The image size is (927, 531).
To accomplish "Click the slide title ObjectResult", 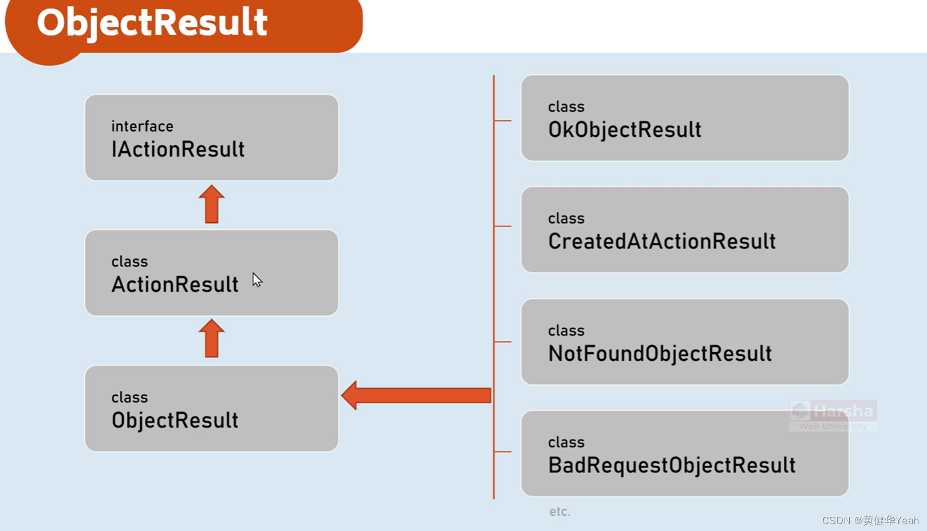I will point(152,23).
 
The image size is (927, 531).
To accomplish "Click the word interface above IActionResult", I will point(142,126).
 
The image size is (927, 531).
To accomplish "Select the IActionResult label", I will point(178,150).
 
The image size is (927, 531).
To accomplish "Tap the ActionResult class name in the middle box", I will point(175,285).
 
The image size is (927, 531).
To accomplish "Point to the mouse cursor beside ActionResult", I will point(257,280).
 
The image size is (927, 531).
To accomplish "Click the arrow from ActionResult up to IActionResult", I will point(211,204).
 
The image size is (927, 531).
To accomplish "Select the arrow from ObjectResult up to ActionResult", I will point(211,339).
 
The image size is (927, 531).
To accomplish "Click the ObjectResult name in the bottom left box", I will point(175,420).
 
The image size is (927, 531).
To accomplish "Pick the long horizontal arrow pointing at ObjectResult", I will point(416,395).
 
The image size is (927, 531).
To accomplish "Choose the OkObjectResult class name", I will point(625,130).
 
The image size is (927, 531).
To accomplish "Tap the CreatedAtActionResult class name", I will point(662,242).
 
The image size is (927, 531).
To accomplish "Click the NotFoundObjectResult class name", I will point(660,353).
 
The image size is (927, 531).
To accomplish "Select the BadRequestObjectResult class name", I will point(672,465).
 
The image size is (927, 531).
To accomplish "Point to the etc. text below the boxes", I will point(559,512).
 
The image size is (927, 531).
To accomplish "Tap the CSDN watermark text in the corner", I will point(870,520).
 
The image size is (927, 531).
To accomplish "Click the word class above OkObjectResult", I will point(566,107).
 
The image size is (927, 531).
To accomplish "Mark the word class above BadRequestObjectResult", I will point(566,442).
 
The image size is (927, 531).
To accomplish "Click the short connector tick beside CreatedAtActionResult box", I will point(503,226).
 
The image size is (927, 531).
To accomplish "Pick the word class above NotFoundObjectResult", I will point(566,331).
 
